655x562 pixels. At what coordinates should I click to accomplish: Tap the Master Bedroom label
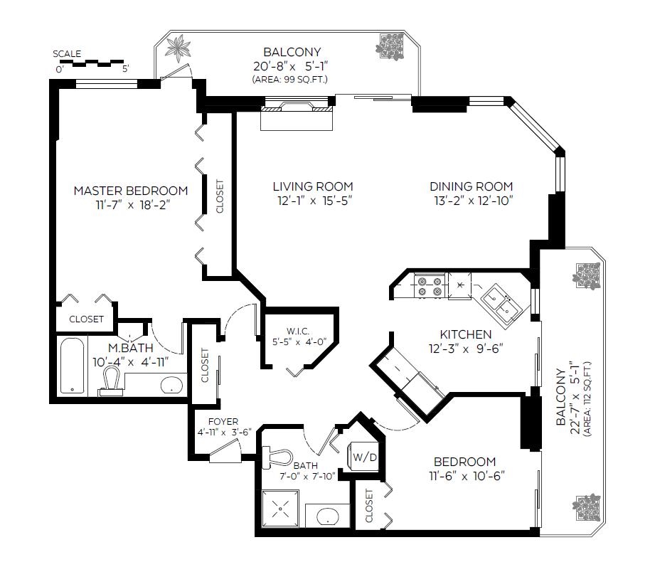131,191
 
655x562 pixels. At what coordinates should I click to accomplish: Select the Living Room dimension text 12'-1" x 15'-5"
315,201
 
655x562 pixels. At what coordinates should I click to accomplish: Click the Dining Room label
472,186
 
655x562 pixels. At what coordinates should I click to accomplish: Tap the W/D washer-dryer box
364,457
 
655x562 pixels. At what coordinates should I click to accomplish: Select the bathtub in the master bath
73,366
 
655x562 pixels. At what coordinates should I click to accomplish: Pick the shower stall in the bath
280,509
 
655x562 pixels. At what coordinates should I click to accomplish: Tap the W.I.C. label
298,332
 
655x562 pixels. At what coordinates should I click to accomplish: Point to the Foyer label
223,422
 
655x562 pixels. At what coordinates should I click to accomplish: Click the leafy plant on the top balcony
179,48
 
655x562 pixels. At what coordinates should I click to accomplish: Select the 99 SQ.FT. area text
289,80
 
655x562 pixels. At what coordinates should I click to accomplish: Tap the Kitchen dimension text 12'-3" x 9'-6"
465,349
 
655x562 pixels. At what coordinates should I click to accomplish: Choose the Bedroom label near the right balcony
464,462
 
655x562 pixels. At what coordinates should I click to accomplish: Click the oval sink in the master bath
171,384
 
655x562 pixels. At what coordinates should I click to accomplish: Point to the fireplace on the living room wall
297,107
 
